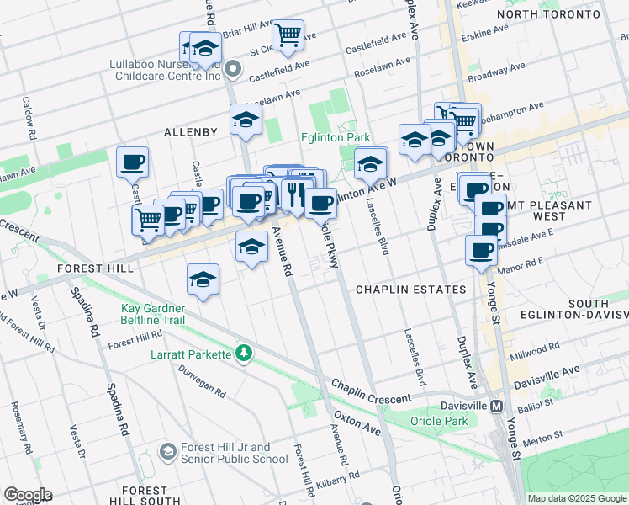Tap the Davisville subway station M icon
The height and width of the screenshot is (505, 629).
coord(497,406)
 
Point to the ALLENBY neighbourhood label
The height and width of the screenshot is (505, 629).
coord(191,132)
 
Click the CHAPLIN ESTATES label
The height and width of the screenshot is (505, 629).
coord(410,290)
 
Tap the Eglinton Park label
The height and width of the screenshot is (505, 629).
coord(336,137)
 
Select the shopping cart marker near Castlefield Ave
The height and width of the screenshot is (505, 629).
coord(288,35)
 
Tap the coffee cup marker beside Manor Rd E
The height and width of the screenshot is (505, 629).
coord(481,250)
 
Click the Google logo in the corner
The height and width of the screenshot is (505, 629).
coord(27,495)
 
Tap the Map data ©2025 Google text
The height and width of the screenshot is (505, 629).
coord(577,498)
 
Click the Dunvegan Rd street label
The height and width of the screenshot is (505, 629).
coord(202,379)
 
